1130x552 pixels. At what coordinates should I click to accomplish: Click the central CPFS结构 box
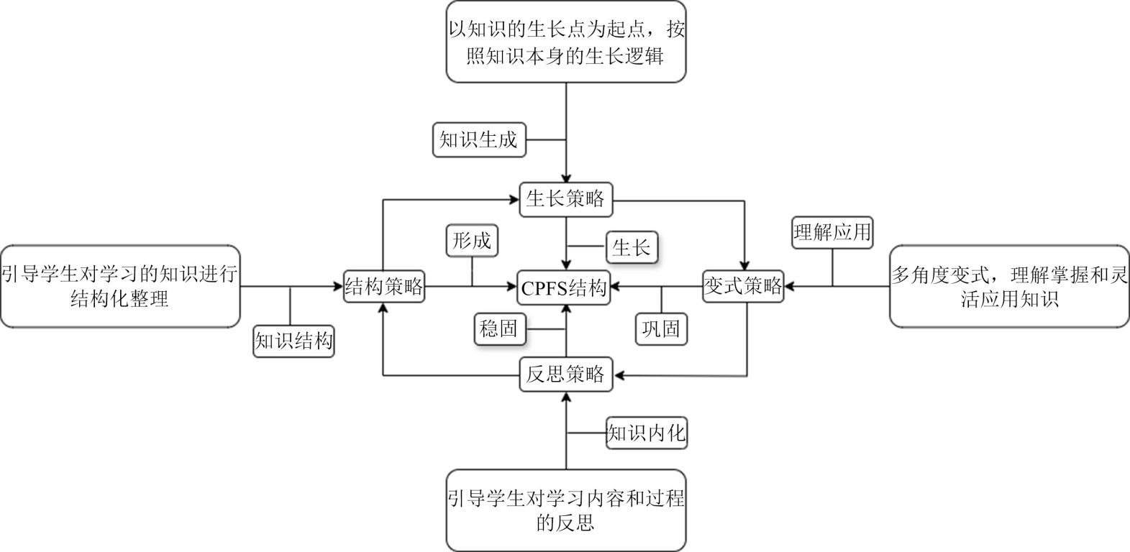tap(566, 289)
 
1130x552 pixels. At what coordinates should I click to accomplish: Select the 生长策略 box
tap(565, 199)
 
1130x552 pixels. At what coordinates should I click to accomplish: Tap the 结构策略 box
tap(383, 287)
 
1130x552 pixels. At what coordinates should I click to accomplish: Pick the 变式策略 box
tap(743, 287)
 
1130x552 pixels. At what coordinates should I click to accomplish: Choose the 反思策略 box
tap(565, 374)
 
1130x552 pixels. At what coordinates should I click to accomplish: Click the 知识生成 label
tap(479, 139)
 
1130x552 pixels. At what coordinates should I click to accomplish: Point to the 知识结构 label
tap(294, 341)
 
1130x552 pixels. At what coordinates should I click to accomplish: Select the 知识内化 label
tap(647, 433)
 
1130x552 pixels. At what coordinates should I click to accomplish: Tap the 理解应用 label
tap(832, 232)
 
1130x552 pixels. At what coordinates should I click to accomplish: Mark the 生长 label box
tap(632, 248)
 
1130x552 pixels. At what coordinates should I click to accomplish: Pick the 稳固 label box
tap(498, 329)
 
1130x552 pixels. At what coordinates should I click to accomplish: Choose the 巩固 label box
tap(661, 329)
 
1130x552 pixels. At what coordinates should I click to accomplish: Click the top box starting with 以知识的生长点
tap(565, 42)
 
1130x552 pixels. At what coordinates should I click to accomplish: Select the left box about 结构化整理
tap(120, 286)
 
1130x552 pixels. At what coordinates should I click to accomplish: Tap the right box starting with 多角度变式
tap(1009, 286)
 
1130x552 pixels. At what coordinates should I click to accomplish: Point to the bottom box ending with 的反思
tap(565, 510)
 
